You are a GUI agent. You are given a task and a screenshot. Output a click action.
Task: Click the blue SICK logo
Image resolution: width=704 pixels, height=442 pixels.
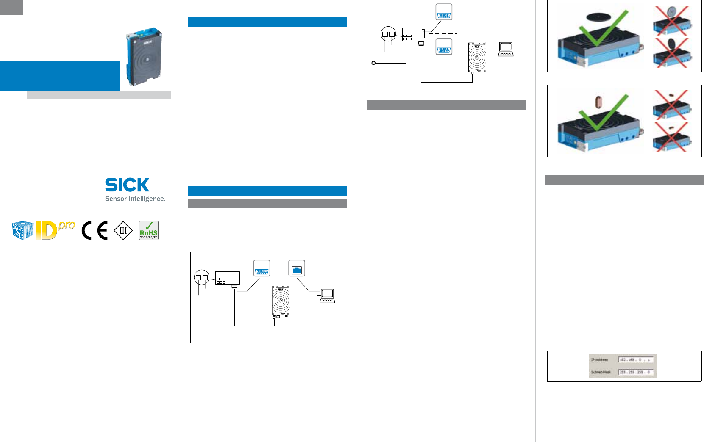(x=127, y=185)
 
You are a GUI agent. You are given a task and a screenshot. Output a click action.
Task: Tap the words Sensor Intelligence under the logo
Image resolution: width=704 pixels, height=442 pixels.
(x=135, y=199)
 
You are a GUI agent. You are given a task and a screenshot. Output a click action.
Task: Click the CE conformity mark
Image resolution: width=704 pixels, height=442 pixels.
(x=95, y=231)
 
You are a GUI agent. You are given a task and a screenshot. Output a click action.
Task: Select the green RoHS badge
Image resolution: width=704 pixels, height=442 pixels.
(x=149, y=231)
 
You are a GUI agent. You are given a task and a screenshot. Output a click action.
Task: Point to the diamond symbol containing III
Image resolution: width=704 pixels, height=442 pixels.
(x=123, y=231)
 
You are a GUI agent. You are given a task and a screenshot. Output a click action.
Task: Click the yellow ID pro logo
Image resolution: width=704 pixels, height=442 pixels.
(x=55, y=230)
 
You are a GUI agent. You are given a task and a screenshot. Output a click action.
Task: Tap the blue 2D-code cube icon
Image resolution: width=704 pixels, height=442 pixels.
(x=23, y=231)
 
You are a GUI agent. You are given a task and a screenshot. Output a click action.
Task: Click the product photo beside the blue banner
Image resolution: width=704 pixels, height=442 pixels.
(x=144, y=56)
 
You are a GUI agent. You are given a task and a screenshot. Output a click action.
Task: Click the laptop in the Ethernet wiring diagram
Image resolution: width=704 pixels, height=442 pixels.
(x=327, y=296)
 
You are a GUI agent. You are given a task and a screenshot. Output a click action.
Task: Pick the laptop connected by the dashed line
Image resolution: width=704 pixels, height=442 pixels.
(x=506, y=49)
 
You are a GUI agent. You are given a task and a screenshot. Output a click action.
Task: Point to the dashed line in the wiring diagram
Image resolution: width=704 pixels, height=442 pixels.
(x=481, y=11)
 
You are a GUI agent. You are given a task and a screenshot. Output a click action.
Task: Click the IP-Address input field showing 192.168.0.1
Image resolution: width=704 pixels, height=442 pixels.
(x=636, y=360)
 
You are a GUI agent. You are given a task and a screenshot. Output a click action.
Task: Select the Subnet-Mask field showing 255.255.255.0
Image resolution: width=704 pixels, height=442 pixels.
(x=636, y=372)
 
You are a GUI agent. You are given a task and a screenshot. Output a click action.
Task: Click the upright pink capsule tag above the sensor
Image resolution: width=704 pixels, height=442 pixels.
(x=598, y=102)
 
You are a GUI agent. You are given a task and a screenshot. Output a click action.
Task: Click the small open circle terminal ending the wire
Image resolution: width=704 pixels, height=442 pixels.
(x=373, y=63)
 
